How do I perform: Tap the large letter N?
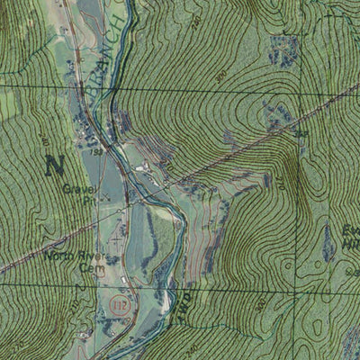point(55,165)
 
